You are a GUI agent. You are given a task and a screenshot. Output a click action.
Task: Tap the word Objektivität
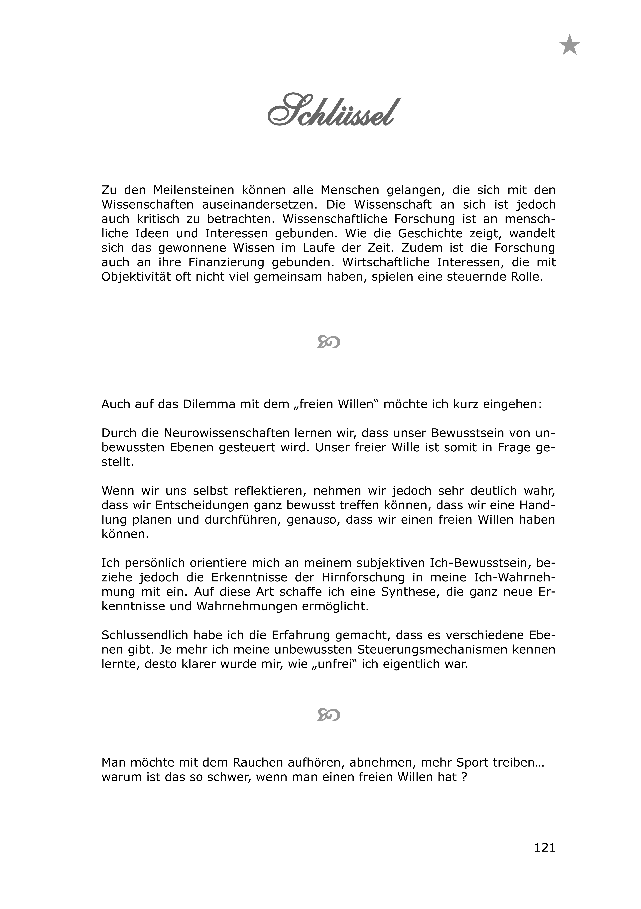[137, 277]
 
